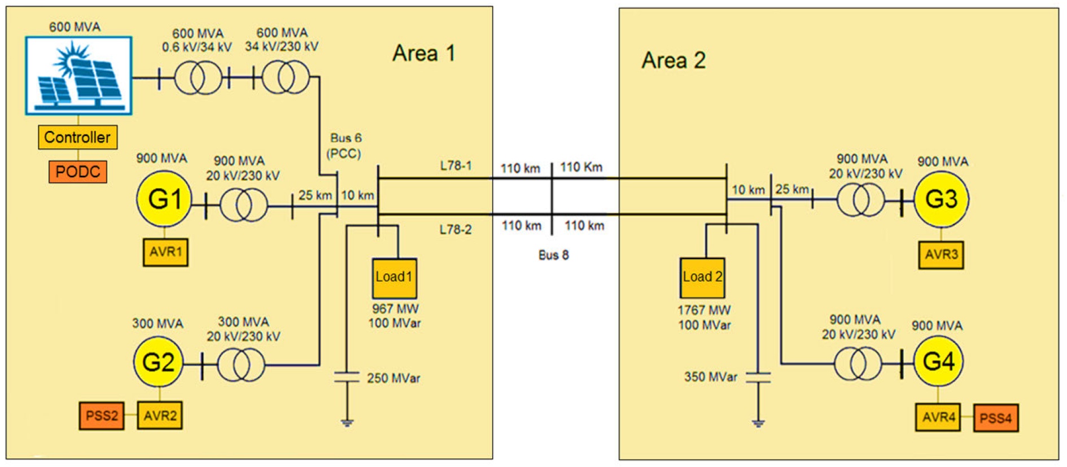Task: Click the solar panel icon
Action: tap(78, 76)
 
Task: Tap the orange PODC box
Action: tap(77, 172)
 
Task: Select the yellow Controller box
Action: tap(77, 137)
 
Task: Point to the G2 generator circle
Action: tap(158, 363)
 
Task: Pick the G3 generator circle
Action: tap(941, 199)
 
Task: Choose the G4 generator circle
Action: tap(938, 361)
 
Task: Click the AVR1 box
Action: tap(165, 252)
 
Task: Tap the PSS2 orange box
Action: tap(102, 416)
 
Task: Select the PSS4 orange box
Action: tap(996, 418)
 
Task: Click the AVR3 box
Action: tap(941, 255)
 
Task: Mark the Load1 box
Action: tap(394, 278)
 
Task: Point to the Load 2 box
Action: tap(702, 278)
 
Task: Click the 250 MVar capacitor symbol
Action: tap(347, 377)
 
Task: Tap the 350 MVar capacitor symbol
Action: tap(758, 377)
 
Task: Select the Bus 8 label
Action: tap(553, 255)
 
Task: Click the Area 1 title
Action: tap(423, 54)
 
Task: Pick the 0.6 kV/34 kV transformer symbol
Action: tap(198, 78)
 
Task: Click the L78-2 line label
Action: tap(456, 230)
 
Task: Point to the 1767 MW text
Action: tap(704, 310)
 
